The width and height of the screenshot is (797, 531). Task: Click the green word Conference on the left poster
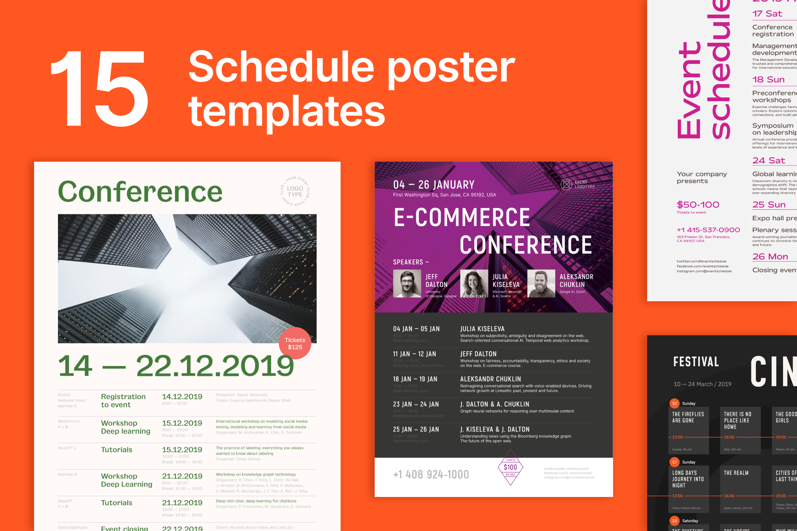pyautogui.click(x=140, y=192)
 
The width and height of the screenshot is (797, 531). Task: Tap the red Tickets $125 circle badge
pyautogui.click(x=295, y=343)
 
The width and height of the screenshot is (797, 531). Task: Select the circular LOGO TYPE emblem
pyautogui.click(x=295, y=192)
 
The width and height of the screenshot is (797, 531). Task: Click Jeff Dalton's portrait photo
pyautogui.click(x=407, y=284)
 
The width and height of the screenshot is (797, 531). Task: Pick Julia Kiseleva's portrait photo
pyautogui.click(x=474, y=284)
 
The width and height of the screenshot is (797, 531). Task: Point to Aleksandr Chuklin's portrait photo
pyautogui.click(x=541, y=284)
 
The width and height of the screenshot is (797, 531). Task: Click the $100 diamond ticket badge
pyautogui.click(x=510, y=467)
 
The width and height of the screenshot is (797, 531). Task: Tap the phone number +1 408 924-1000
pyautogui.click(x=431, y=474)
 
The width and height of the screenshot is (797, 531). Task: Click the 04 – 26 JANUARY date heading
pyautogui.click(x=434, y=185)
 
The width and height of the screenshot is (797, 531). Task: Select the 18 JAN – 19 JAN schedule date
pyautogui.click(x=415, y=379)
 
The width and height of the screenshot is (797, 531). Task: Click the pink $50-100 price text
pyautogui.click(x=698, y=205)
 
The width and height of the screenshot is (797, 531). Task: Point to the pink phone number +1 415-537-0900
pyautogui.click(x=708, y=230)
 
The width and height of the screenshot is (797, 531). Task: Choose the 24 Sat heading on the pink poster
pyautogui.click(x=768, y=161)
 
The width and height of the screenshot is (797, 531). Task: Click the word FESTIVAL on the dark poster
pyautogui.click(x=696, y=362)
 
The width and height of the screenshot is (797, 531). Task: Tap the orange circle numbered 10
pyautogui.click(x=674, y=403)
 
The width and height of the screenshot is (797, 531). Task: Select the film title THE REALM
pyautogui.click(x=736, y=473)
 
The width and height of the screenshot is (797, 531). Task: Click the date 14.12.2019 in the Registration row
pyautogui.click(x=182, y=397)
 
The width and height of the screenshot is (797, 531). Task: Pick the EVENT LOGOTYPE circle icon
pyautogui.click(x=566, y=184)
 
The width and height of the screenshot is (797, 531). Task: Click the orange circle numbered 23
pyautogui.click(x=674, y=521)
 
